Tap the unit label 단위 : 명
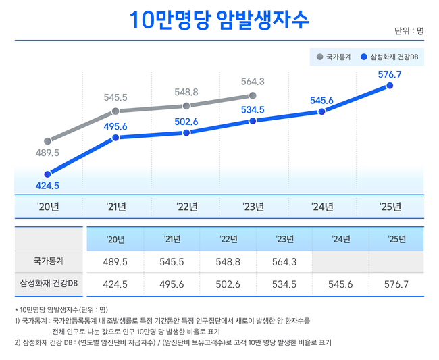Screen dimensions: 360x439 409,31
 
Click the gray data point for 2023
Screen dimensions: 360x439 253,96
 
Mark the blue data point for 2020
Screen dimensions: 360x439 47,174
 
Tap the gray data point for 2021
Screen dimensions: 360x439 115,111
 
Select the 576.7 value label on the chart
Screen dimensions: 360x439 390,74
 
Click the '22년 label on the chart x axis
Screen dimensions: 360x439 186,207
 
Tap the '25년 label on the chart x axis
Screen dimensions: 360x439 390,207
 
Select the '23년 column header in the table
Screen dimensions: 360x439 284,239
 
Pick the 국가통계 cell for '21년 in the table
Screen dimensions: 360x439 172,261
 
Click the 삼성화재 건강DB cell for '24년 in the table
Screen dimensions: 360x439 340,284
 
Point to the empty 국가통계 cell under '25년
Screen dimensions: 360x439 396,261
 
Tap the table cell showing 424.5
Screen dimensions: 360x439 115,284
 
